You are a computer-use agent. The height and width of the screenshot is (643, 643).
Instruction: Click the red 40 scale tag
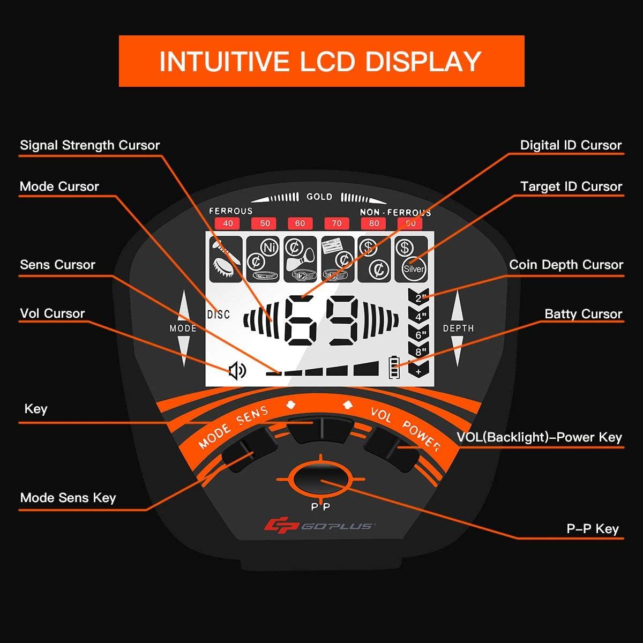(x=228, y=223)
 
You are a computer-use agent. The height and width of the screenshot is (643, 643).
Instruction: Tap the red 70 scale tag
(x=337, y=223)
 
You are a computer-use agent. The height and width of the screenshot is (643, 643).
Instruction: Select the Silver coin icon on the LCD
(x=413, y=269)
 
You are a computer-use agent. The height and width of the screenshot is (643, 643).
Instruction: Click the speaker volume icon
(x=237, y=370)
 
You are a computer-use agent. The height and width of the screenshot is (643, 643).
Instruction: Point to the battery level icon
(x=394, y=369)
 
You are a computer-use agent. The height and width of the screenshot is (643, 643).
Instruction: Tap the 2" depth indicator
(x=421, y=298)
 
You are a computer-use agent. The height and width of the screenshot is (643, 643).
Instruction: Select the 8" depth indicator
(x=421, y=352)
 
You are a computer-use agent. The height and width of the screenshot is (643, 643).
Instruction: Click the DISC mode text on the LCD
(x=218, y=315)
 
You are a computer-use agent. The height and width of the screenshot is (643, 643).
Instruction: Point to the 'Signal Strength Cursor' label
(x=90, y=145)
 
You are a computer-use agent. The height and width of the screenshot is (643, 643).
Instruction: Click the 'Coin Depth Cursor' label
(x=566, y=265)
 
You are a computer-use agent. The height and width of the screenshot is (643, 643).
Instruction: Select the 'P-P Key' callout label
(x=593, y=529)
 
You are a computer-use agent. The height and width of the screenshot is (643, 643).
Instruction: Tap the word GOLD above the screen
(x=319, y=197)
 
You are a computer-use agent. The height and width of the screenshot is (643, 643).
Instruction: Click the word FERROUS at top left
(x=230, y=211)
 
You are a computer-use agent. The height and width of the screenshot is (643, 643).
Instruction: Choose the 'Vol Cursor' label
(x=53, y=313)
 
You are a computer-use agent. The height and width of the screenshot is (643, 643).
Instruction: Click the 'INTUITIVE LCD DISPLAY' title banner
(x=322, y=61)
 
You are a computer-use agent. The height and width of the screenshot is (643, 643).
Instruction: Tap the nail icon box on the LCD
(x=224, y=259)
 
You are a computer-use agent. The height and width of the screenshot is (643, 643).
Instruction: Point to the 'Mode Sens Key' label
(x=68, y=498)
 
